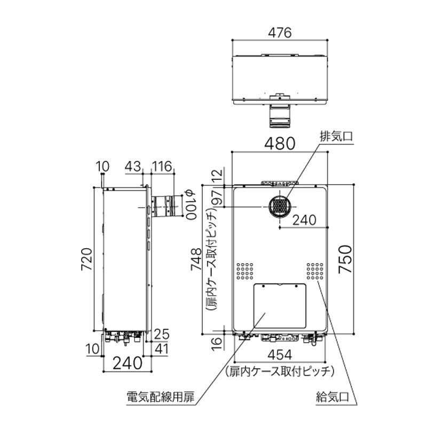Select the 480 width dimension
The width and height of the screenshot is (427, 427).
click(279, 144)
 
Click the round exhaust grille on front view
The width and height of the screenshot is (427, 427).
click(279, 205)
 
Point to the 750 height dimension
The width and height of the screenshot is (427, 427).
click(346, 259)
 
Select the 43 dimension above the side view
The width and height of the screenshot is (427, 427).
click(134, 167)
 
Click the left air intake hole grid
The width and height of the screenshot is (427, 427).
click(246, 271)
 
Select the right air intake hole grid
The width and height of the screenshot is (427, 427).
click(315, 271)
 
